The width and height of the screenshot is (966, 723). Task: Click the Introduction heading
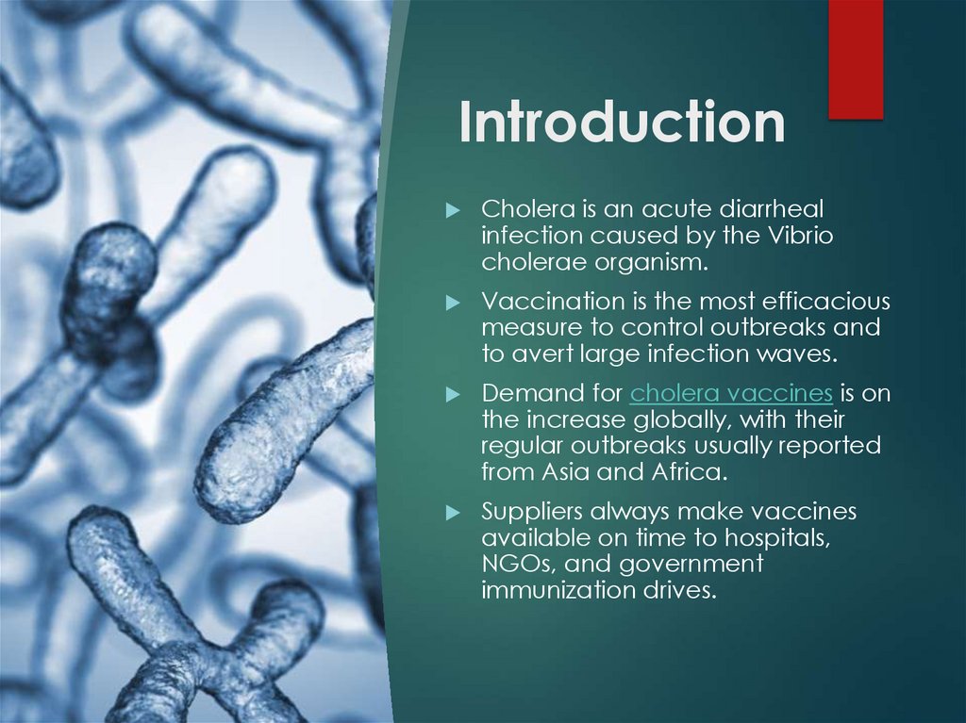[x=622, y=123]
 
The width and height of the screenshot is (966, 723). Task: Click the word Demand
[x=522, y=393]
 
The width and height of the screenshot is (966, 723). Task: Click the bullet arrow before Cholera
[x=454, y=209]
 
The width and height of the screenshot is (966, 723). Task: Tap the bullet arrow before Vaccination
[x=454, y=302]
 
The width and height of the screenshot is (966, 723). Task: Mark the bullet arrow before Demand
[x=454, y=393]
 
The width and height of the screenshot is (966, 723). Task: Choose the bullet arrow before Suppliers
[x=454, y=512]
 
